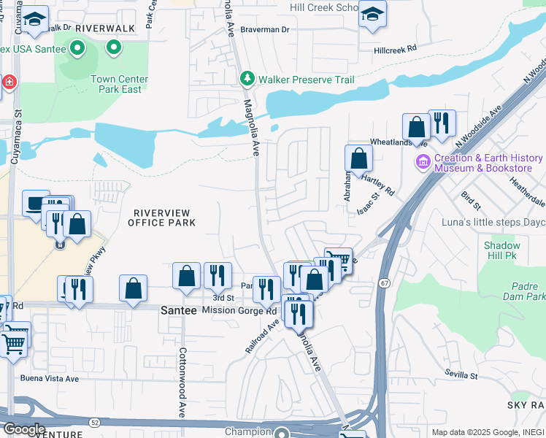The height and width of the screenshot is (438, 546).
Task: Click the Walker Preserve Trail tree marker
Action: (x=247, y=78)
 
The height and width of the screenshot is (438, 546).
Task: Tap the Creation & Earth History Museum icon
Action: (x=422, y=161)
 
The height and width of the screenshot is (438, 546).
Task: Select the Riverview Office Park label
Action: (x=162, y=218)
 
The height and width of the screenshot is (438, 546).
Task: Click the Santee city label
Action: (x=178, y=310)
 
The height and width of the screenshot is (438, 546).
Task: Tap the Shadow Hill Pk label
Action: (x=502, y=252)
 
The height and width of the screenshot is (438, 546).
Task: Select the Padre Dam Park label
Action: (x=524, y=291)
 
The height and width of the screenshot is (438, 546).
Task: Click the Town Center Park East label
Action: (x=119, y=84)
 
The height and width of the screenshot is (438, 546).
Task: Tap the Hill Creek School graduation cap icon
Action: (x=372, y=15)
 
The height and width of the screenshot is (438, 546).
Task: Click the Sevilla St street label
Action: (x=461, y=375)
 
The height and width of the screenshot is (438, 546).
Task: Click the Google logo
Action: (x=23, y=429)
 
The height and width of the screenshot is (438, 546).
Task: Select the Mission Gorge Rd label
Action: (x=239, y=310)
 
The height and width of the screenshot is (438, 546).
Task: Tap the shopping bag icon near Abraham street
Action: (x=358, y=157)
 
